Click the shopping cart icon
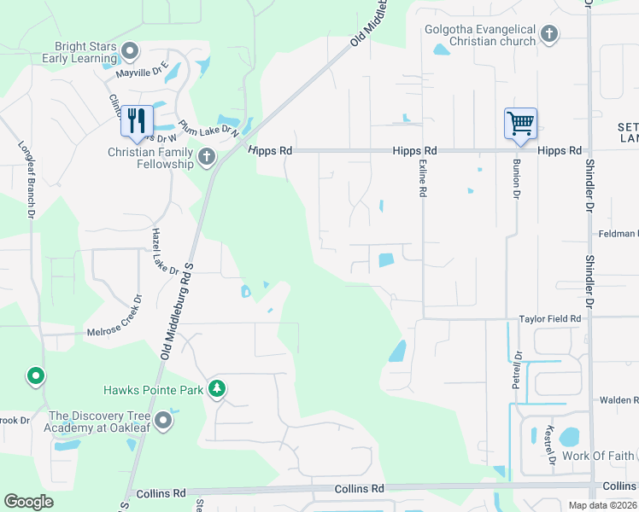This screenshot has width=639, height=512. pyautogui.click(x=519, y=123)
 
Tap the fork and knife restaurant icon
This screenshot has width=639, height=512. pyautogui.click(x=135, y=120)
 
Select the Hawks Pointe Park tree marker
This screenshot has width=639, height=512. pyautogui.click(x=217, y=389)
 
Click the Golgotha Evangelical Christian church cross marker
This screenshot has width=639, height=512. pyautogui.click(x=548, y=35)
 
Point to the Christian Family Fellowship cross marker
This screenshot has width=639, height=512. pyautogui.click(x=206, y=156)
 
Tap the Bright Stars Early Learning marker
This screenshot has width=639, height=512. pyautogui.click(x=130, y=52)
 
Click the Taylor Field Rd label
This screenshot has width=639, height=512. pyautogui.click(x=549, y=319)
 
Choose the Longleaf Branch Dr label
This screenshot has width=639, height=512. pyautogui.click(x=29, y=177)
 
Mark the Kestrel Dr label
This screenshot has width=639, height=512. pyautogui.click(x=551, y=444)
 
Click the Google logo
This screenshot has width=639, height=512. pyautogui.click(x=28, y=502)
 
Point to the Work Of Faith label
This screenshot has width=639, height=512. pyautogui.click(x=599, y=456)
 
